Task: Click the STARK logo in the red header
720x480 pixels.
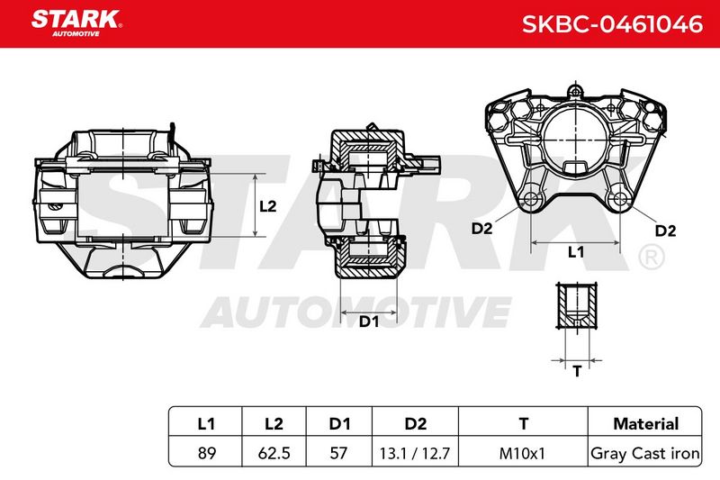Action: pyautogui.click(x=76, y=23)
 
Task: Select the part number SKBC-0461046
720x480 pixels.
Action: pyautogui.click(x=612, y=24)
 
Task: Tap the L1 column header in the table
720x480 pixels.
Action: pyautogui.click(x=206, y=423)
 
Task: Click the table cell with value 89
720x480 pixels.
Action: pyautogui.click(x=207, y=453)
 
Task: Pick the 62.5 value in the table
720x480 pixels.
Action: pyautogui.click(x=274, y=453)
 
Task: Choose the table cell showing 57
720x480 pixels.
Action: pyautogui.click(x=339, y=453)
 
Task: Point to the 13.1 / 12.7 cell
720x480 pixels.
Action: pyautogui.click(x=415, y=454)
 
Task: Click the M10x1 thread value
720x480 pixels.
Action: pyautogui.click(x=522, y=454)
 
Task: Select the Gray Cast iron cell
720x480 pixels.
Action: pyautogui.click(x=645, y=453)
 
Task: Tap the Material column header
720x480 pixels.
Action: pyautogui.click(x=645, y=423)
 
